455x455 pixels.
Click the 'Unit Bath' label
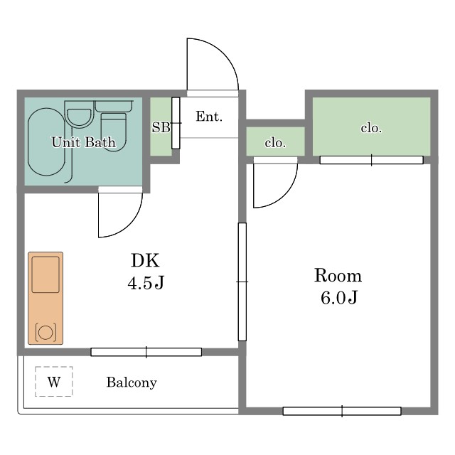(x=84, y=142)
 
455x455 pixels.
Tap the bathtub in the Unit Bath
(x=46, y=142)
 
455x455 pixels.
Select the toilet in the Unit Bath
(x=114, y=127)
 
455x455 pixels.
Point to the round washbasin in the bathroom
(x=79, y=118)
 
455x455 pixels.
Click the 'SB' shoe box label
(x=161, y=127)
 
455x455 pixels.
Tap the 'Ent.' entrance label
(x=209, y=117)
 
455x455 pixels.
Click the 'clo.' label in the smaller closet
(x=275, y=143)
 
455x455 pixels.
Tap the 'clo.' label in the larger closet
(x=371, y=128)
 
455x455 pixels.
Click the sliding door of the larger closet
(x=371, y=160)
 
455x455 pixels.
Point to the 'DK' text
(x=145, y=260)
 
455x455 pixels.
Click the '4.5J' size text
(x=146, y=282)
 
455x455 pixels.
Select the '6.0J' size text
(x=339, y=297)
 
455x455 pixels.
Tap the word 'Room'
(x=338, y=275)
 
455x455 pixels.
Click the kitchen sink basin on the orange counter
(x=45, y=274)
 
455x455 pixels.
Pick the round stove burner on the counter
(x=45, y=333)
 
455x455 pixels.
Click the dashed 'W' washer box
(x=54, y=381)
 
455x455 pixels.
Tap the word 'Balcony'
(x=132, y=382)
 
